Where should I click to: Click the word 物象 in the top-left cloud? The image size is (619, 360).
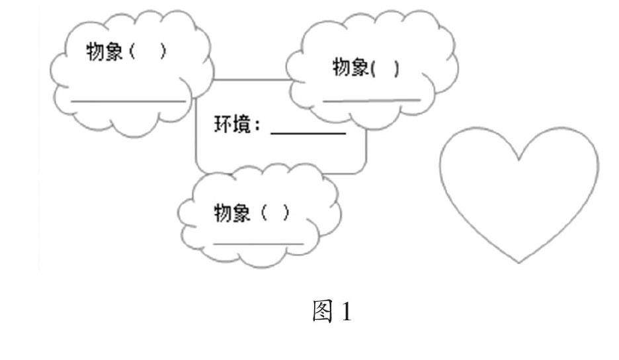(x=104, y=53)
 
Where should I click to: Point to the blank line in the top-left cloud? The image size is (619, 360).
(x=129, y=101)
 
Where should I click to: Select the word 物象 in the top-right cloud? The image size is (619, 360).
(x=349, y=68)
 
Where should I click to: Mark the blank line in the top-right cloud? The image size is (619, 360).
(x=371, y=101)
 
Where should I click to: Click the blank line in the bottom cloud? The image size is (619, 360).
(x=258, y=244)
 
